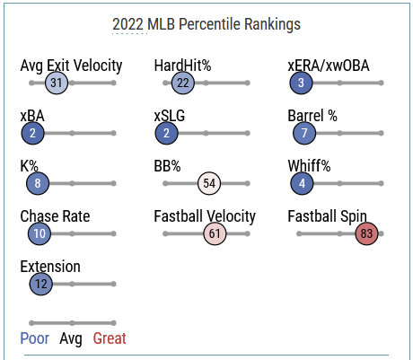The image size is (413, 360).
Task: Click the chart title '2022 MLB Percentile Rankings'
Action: [206, 24]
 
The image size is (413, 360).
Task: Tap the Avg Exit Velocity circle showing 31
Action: [57, 83]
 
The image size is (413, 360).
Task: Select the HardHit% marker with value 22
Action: [183, 83]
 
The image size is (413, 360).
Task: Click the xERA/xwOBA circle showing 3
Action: [301, 83]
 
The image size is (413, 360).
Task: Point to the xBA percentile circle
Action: [32, 133]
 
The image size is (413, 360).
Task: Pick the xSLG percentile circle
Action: [166, 133]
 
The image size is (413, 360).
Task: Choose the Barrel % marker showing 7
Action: [304, 133]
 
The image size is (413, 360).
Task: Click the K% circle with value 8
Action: [38, 183]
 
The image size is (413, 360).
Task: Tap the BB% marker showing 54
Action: [209, 183]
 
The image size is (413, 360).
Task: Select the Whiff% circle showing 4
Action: [302, 183]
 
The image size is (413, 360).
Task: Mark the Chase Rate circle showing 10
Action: [40, 233]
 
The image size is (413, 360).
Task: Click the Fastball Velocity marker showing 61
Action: [215, 233]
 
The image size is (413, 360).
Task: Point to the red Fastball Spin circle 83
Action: [366, 233]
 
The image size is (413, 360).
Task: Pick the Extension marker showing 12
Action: [41, 284]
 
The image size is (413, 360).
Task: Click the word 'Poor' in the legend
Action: [35, 338]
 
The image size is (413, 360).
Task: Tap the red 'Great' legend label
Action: [110, 338]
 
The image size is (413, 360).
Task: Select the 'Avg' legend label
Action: [71, 339]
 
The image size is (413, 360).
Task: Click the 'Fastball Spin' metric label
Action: [327, 216]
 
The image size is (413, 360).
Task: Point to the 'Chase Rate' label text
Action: [55, 216]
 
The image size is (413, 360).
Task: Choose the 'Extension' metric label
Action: [50, 267]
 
